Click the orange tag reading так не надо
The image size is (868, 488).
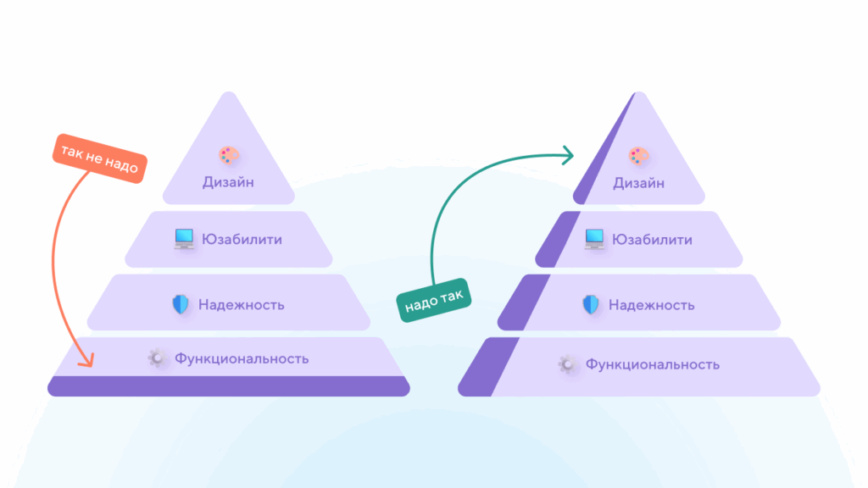(x=98, y=158)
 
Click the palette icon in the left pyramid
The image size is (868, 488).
(x=229, y=156)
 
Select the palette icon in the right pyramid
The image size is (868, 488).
(x=638, y=156)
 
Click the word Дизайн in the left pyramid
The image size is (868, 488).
(x=229, y=181)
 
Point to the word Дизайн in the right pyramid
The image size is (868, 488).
(x=638, y=182)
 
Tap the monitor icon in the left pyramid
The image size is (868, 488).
(x=184, y=240)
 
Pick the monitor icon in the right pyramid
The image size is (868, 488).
(x=594, y=240)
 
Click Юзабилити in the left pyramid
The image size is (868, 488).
(x=242, y=240)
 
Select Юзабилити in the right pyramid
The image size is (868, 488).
(x=652, y=240)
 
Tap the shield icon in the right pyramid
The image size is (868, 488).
(x=591, y=305)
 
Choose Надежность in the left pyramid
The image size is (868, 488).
(x=242, y=305)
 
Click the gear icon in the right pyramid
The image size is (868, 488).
(x=567, y=364)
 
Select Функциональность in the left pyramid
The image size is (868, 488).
(x=242, y=358)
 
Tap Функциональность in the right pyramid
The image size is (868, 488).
(x=652, y=364)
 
